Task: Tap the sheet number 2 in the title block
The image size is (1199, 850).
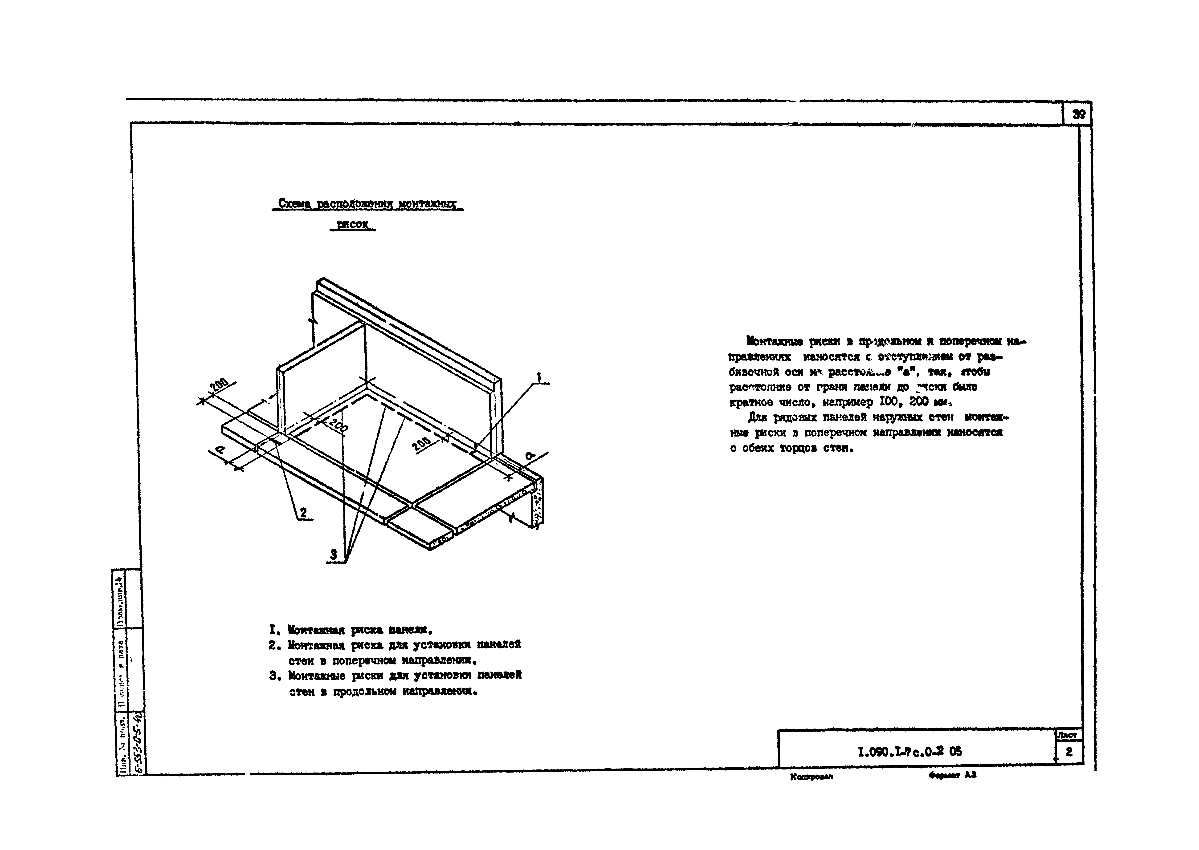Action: pos(1068,752)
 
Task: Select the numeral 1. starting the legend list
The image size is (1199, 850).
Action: pos(273,629)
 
